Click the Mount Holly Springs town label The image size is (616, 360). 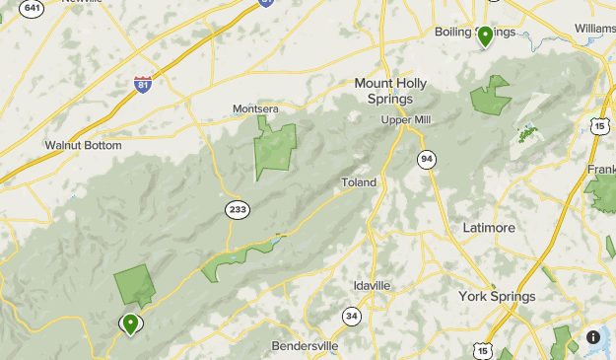(390, 91)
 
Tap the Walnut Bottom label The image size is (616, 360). (83, 145)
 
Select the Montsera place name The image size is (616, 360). (256, 108)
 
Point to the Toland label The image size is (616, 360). (359, 182)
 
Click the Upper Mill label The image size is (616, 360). (407, 120)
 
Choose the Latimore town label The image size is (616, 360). (489, 228)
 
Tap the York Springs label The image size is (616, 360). (497, 296)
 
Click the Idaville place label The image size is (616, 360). (373, 286)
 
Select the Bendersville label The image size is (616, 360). (305, 347)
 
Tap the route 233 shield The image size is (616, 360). (237, 209)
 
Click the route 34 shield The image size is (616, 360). (352, 317)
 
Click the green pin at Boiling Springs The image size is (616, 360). (485, 36)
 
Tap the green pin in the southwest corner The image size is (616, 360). (130, 322)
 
